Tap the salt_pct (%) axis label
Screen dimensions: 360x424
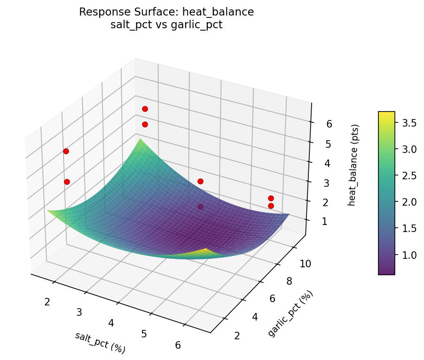(100, 342)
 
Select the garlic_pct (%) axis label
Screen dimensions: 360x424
(290, 313)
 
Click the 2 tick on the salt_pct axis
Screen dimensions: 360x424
(47, 302)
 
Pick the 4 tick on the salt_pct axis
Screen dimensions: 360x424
(111, 323)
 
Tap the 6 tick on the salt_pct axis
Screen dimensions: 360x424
(178, 345)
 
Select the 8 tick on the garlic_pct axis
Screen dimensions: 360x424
(290, 281)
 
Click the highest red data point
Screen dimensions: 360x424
(145, 109)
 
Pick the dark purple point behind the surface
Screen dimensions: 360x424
(201, 207)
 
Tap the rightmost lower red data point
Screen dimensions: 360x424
(271, 206)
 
